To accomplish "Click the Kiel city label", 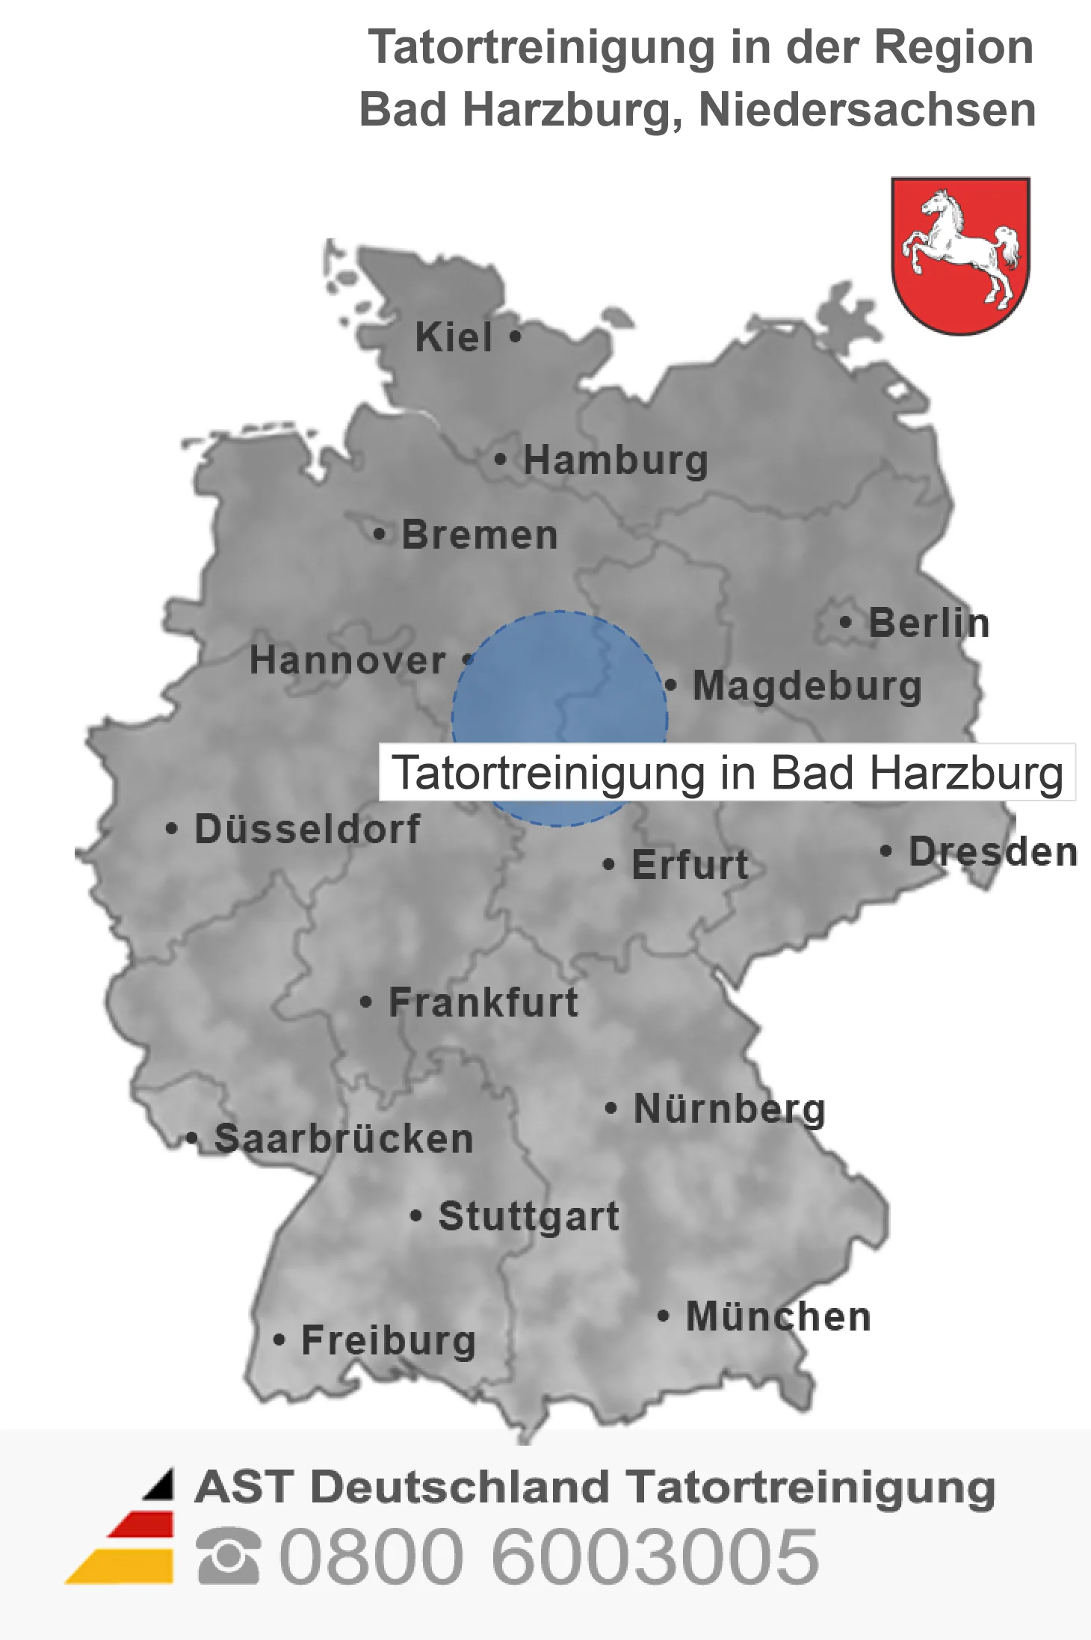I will [x=454, y=337].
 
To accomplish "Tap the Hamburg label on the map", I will [x=615, y=460].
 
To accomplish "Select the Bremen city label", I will [x=480, y=535].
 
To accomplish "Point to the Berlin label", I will [x=929, y=623].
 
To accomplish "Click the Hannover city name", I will [x=348, y=661].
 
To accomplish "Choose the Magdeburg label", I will [x=807, y=686].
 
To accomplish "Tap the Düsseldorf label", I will [x=307, y=829].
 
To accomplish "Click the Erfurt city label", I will [x=690, y=865].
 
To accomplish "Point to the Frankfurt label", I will [x=483, y=1002].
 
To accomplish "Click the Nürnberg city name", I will [x=729, y=1109].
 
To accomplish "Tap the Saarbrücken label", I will [x=344, y=1139].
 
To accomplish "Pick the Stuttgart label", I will [x=528, y=1216].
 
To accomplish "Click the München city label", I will [x=779, y=1317].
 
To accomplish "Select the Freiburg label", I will [x=389, y=1341].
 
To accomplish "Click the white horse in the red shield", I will [x=961, y=247].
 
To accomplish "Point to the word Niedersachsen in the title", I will [x=867, y=110].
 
